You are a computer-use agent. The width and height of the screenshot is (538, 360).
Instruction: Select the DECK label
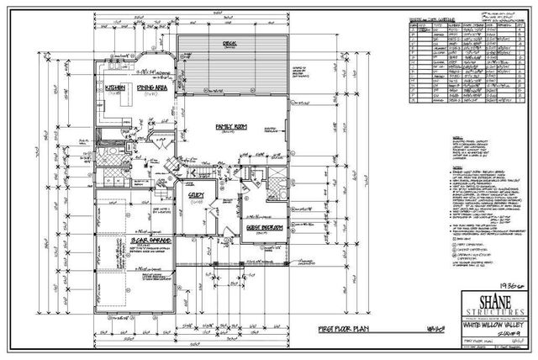coord(229,43)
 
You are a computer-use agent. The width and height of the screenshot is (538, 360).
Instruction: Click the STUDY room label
coord(198,195)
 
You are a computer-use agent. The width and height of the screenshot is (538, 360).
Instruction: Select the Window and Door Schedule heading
coord(433,18)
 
